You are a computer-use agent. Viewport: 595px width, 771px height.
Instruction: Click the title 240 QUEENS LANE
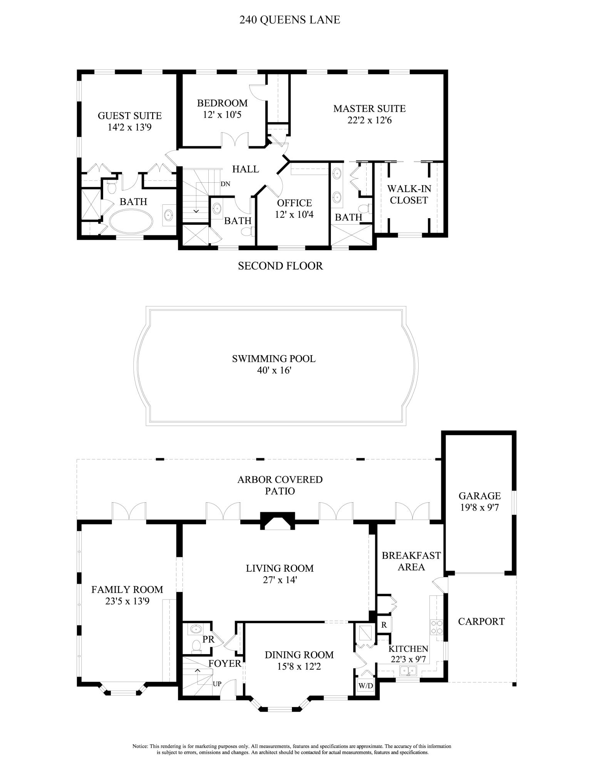tap(290, 20)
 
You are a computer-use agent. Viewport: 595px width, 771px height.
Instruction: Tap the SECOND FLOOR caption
tap(280, 266)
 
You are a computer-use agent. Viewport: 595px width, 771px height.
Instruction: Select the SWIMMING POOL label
tap(274, 359)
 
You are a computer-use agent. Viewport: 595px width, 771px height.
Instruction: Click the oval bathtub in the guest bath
tap(131, 221)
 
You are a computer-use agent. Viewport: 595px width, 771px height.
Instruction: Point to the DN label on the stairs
tap(225, 184)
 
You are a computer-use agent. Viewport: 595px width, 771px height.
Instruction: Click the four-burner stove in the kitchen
tap(436, 626)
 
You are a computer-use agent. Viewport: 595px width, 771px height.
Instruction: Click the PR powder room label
tap(208, 639)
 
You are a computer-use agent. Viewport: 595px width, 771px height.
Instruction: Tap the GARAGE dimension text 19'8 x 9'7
tap(479, 507)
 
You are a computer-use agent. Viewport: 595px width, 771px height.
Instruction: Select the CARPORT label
tap(481, 621)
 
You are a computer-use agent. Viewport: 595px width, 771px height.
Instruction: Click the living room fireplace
tap(278, 520)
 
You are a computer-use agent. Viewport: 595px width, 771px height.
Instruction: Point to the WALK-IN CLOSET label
tap(409, 194)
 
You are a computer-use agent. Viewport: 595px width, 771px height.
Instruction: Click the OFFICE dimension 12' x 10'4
tap(294, 214)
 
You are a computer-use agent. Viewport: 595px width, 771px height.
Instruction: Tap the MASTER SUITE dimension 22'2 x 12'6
tap(370, 120)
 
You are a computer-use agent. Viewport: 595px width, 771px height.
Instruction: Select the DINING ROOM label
tap(299, 655)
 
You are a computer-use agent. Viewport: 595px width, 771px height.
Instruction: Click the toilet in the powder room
tap(196, 646)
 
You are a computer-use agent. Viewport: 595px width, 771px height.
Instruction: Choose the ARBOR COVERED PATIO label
tap(280, 485)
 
